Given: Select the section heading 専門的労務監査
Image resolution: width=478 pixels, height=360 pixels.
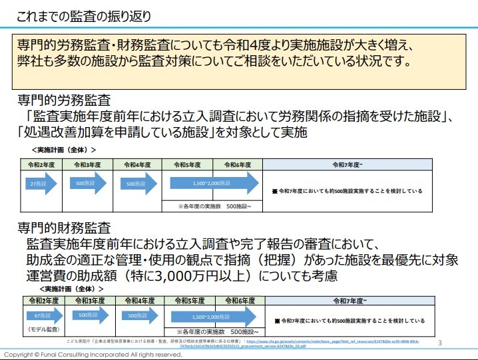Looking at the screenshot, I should click(x=64, y=101).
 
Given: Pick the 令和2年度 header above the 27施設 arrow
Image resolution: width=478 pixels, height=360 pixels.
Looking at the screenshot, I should click(x=41, y=164).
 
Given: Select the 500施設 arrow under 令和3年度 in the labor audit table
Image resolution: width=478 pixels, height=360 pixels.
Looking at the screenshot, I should click(x=88, y=183).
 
